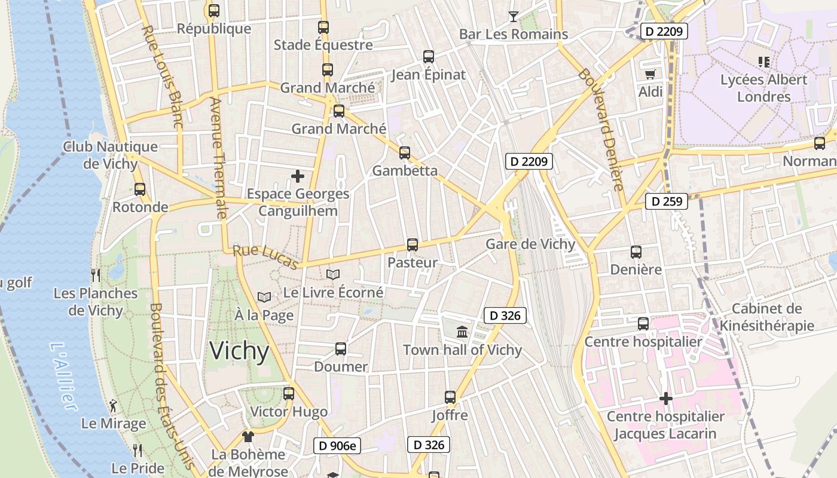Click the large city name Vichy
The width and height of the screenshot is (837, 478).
[239, 351]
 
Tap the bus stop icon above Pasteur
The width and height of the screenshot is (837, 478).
[412, 244]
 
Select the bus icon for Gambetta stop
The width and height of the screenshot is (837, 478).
[405, 152]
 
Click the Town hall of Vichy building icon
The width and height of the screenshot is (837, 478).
[462, 332]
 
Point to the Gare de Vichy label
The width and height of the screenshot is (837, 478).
[530, 244]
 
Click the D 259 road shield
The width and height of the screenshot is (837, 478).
[667, 201]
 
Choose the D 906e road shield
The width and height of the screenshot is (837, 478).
[337, 445]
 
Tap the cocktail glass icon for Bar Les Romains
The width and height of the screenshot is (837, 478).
[513, 16]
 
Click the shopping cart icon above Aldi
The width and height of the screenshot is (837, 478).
[650, 74]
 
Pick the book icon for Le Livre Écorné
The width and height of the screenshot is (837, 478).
[333, 274]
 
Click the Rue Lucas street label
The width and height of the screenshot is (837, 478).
[265, 257]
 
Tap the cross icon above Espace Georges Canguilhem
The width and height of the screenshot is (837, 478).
[297, 176]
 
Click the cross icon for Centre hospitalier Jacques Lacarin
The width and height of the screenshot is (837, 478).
[665, 399]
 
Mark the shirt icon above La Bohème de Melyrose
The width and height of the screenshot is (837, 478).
[248, 437]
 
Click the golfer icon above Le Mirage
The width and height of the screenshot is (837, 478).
[113, 406]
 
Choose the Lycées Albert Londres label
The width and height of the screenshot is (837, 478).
[763, 88]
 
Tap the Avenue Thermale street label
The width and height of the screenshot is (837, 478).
[218, 158]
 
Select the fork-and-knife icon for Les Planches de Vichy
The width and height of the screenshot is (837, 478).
[95, 275]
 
